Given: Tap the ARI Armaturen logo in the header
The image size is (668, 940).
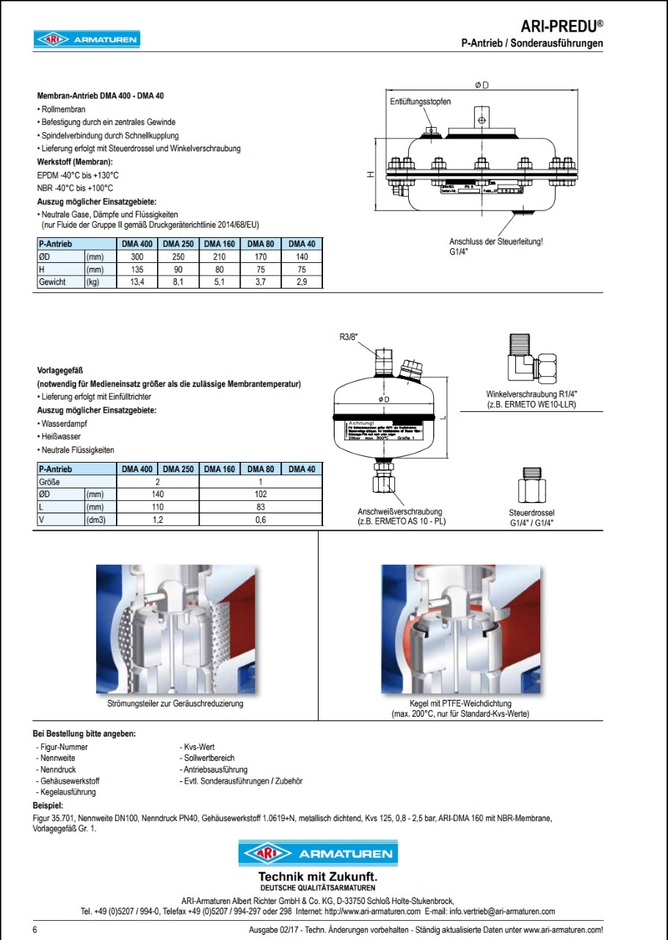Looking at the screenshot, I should pos(87,40).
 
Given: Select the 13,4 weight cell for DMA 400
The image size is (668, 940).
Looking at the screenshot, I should pos(137,282).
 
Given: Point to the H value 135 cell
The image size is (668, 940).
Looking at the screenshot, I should pos(137,270).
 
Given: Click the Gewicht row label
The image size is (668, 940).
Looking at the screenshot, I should pos(53,282).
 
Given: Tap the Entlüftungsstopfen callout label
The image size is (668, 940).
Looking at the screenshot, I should pos(420,101).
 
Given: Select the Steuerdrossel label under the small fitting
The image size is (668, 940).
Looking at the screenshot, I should pos(531,513).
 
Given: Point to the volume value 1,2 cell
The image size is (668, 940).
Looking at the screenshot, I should pos(158,520).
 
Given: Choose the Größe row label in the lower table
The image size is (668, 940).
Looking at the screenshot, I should pos(49,482).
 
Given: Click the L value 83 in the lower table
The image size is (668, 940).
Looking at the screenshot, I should pos(261,507).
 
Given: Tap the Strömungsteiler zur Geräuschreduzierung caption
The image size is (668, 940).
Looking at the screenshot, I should pos(175,704).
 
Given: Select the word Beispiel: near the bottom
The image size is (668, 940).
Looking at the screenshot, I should pos(48,806).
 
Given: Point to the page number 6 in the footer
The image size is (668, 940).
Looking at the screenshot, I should pos(36,930).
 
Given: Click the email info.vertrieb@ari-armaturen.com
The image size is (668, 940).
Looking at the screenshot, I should pos(501,911).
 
